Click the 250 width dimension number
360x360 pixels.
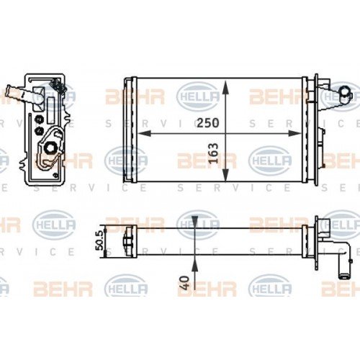tap(207, 123)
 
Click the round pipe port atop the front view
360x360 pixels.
tap(344, 91)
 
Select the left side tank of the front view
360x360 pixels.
tap(130, 127)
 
